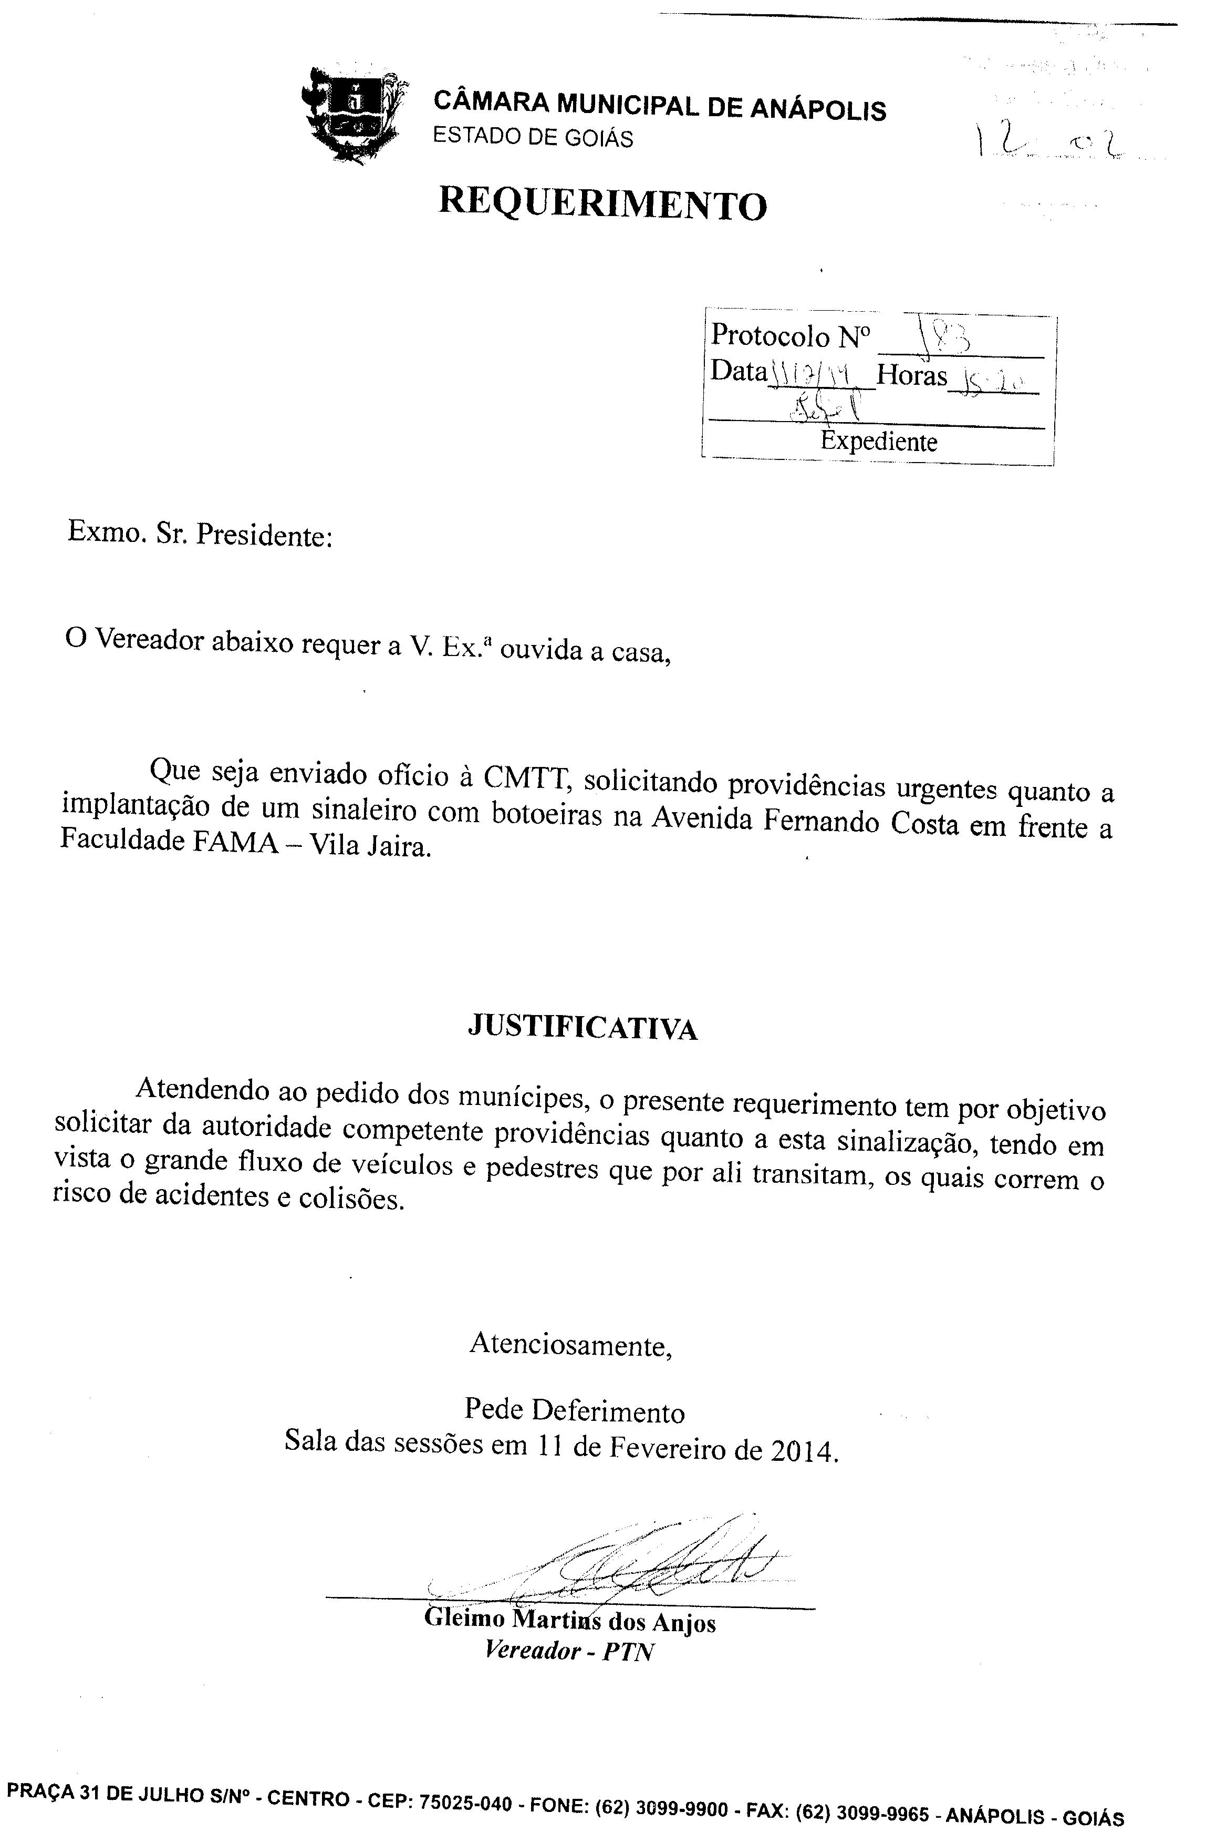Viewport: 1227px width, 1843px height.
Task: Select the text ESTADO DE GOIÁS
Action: (x=533, y=138)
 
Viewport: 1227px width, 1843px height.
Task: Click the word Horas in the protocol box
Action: (x=912, y=376)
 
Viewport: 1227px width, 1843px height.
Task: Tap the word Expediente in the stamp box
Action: (x=878, y=442)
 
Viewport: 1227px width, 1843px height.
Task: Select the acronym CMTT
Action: (x=530, y=776)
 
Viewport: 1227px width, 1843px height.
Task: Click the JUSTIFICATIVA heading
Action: (x=582, y=1027)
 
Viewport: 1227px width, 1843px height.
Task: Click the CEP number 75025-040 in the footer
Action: (x=465, y=1797)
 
